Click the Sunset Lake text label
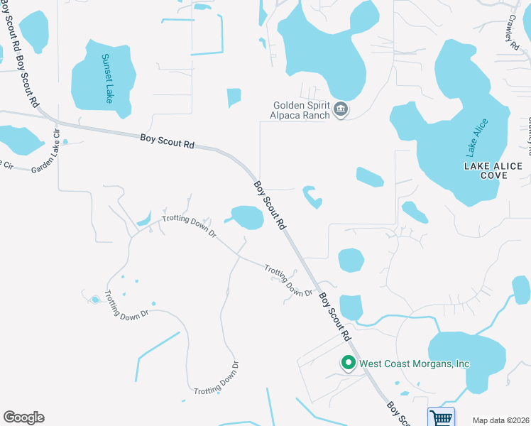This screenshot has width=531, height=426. (x=106, y=78)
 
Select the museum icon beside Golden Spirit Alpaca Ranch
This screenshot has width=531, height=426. (x=341, y=109)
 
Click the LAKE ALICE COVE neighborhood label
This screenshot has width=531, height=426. (x=493, y=170)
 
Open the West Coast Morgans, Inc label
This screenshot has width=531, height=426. (x=415, y=364)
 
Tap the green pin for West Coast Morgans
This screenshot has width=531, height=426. (x=348, y=363)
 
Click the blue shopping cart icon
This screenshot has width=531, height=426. (x=441, y=417)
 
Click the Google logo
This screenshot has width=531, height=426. (x=23, y=417)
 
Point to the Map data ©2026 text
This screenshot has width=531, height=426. (x=500, y=420)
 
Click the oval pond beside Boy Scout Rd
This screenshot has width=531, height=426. (x=248, y=217)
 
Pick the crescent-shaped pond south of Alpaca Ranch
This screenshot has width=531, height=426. (x=312, y=197)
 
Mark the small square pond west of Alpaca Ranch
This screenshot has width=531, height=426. (x=234, y=97)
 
